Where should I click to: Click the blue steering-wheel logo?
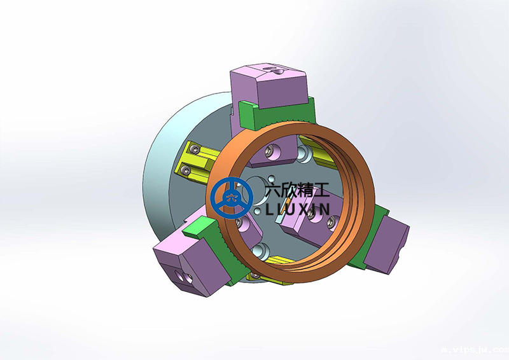(232, 198)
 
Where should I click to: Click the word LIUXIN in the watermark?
(298, 209)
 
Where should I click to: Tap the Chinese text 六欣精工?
(296, 190)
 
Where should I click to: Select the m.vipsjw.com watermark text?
(475, 350)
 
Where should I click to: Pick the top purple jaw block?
(268, 86)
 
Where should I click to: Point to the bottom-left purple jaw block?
(188, 263)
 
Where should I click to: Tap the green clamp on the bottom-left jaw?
(214, 247)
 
